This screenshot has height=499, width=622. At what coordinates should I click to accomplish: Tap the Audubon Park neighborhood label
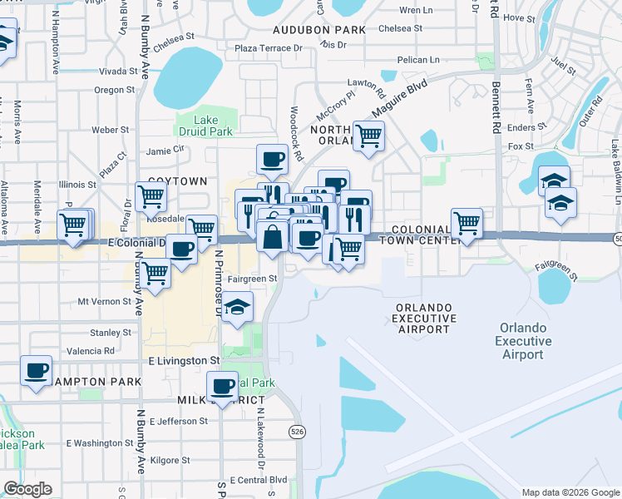(x=319, y=29)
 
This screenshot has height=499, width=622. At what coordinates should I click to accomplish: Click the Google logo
(x=27, y=489)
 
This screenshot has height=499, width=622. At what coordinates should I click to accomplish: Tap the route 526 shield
(x=297, y=431)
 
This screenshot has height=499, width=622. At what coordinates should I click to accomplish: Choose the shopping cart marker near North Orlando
(x=368, y=136)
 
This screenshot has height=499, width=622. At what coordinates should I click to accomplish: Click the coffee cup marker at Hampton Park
(x=36, y=370)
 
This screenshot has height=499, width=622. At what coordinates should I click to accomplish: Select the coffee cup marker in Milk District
(x=223, y=386)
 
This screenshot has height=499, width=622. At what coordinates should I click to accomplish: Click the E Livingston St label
(x=183, y=361)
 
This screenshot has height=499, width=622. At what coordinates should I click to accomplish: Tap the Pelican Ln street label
(x=418, y=60)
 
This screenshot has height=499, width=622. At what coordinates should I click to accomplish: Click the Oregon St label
(x=115, y=90)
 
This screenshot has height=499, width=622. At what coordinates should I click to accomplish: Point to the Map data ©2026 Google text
(x=570, y=492)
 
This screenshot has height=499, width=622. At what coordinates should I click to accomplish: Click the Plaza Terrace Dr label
(x=269, y=48)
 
